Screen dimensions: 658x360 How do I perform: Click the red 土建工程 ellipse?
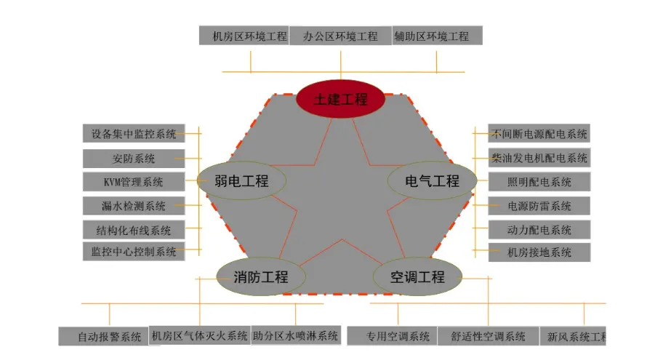[x=340, y=100]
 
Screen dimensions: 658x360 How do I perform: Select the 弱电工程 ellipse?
[x=241, y=180]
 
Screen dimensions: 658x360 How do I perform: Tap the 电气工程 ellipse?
[x=432, y=180]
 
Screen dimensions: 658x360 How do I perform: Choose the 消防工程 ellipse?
[x=261, y=276]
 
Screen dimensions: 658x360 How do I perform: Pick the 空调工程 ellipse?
[x=417, y=276]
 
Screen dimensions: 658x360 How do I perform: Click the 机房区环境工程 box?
[x=244, y=36]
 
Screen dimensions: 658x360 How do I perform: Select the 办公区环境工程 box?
[x=340, y=36]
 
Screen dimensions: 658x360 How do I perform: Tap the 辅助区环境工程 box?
[x=437, y=36]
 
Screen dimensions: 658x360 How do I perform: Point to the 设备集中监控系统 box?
[x=133, y=134]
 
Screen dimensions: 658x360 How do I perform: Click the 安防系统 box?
[x=133, y=158]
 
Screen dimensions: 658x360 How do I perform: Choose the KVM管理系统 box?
[x=133, y=182]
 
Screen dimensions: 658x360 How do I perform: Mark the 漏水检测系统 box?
[x=133, y=206]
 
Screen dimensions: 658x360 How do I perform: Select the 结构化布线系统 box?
[x=133, y=230]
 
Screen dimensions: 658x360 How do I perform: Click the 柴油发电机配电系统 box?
[x=539, y=157]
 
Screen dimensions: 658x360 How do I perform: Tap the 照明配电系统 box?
[x=539, y=182]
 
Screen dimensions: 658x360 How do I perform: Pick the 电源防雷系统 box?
[x=539, y=206]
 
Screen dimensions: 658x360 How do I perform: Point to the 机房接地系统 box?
[x=539, y=252]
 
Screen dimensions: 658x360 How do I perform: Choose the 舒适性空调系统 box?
[x=488, y=336]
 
